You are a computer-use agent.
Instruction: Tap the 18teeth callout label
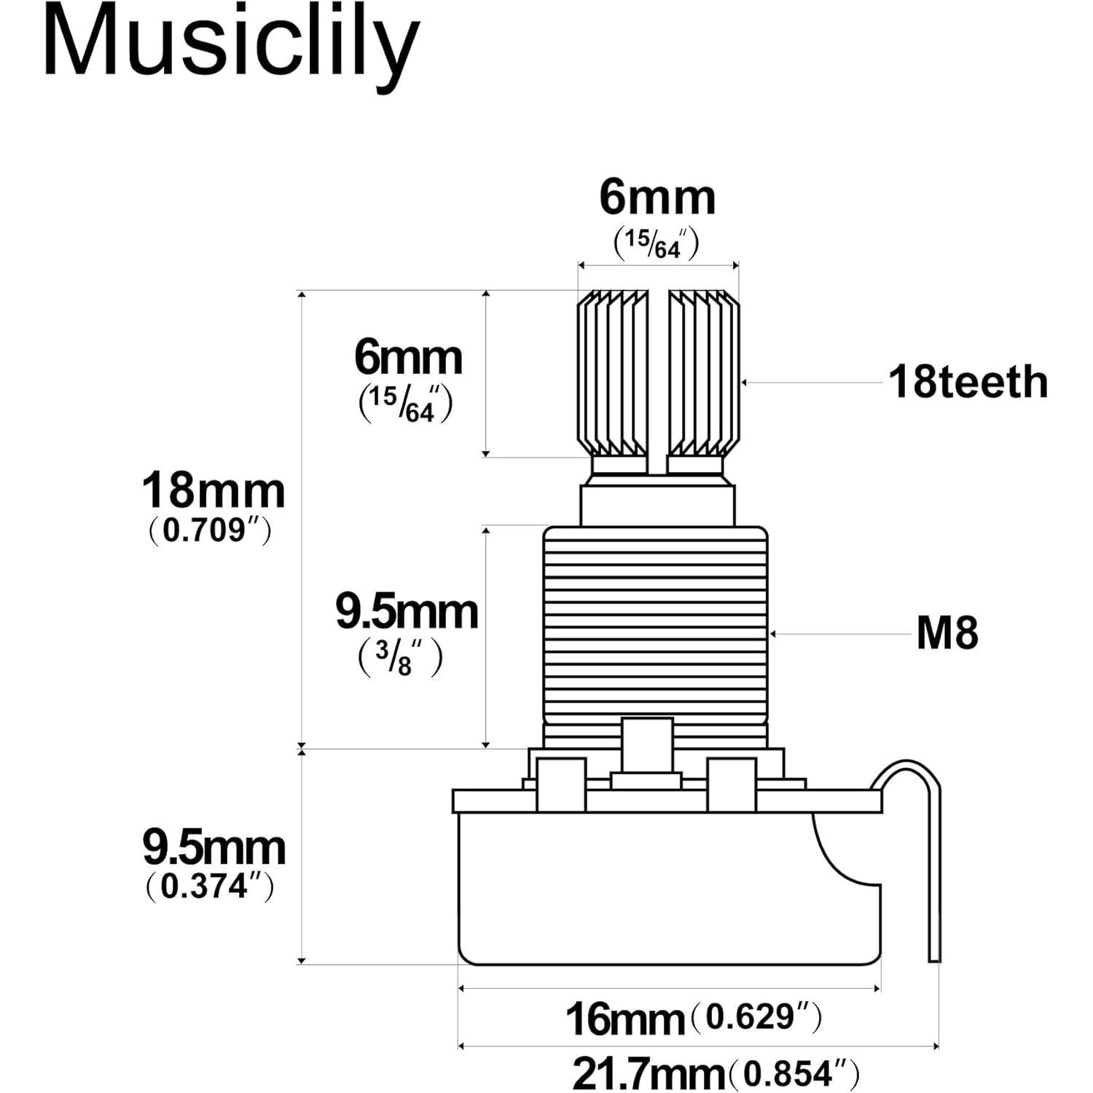tap(968, 382)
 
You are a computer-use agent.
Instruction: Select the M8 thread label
tap(947, 633)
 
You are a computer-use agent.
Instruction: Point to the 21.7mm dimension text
tap(648, 1073)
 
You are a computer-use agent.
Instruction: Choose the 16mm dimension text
tap(624, 1019)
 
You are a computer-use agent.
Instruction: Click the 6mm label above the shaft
tap(657, 197)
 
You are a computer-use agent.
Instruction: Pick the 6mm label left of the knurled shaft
tap(408, 357)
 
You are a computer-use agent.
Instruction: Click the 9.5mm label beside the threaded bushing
tap(407, 612)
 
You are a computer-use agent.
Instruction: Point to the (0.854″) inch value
tap(795, 1073)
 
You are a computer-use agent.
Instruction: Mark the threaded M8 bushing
tap(655, 627)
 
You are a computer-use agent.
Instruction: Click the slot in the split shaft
tap(657, 379)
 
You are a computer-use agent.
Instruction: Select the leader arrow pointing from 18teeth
tap(809, 382)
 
